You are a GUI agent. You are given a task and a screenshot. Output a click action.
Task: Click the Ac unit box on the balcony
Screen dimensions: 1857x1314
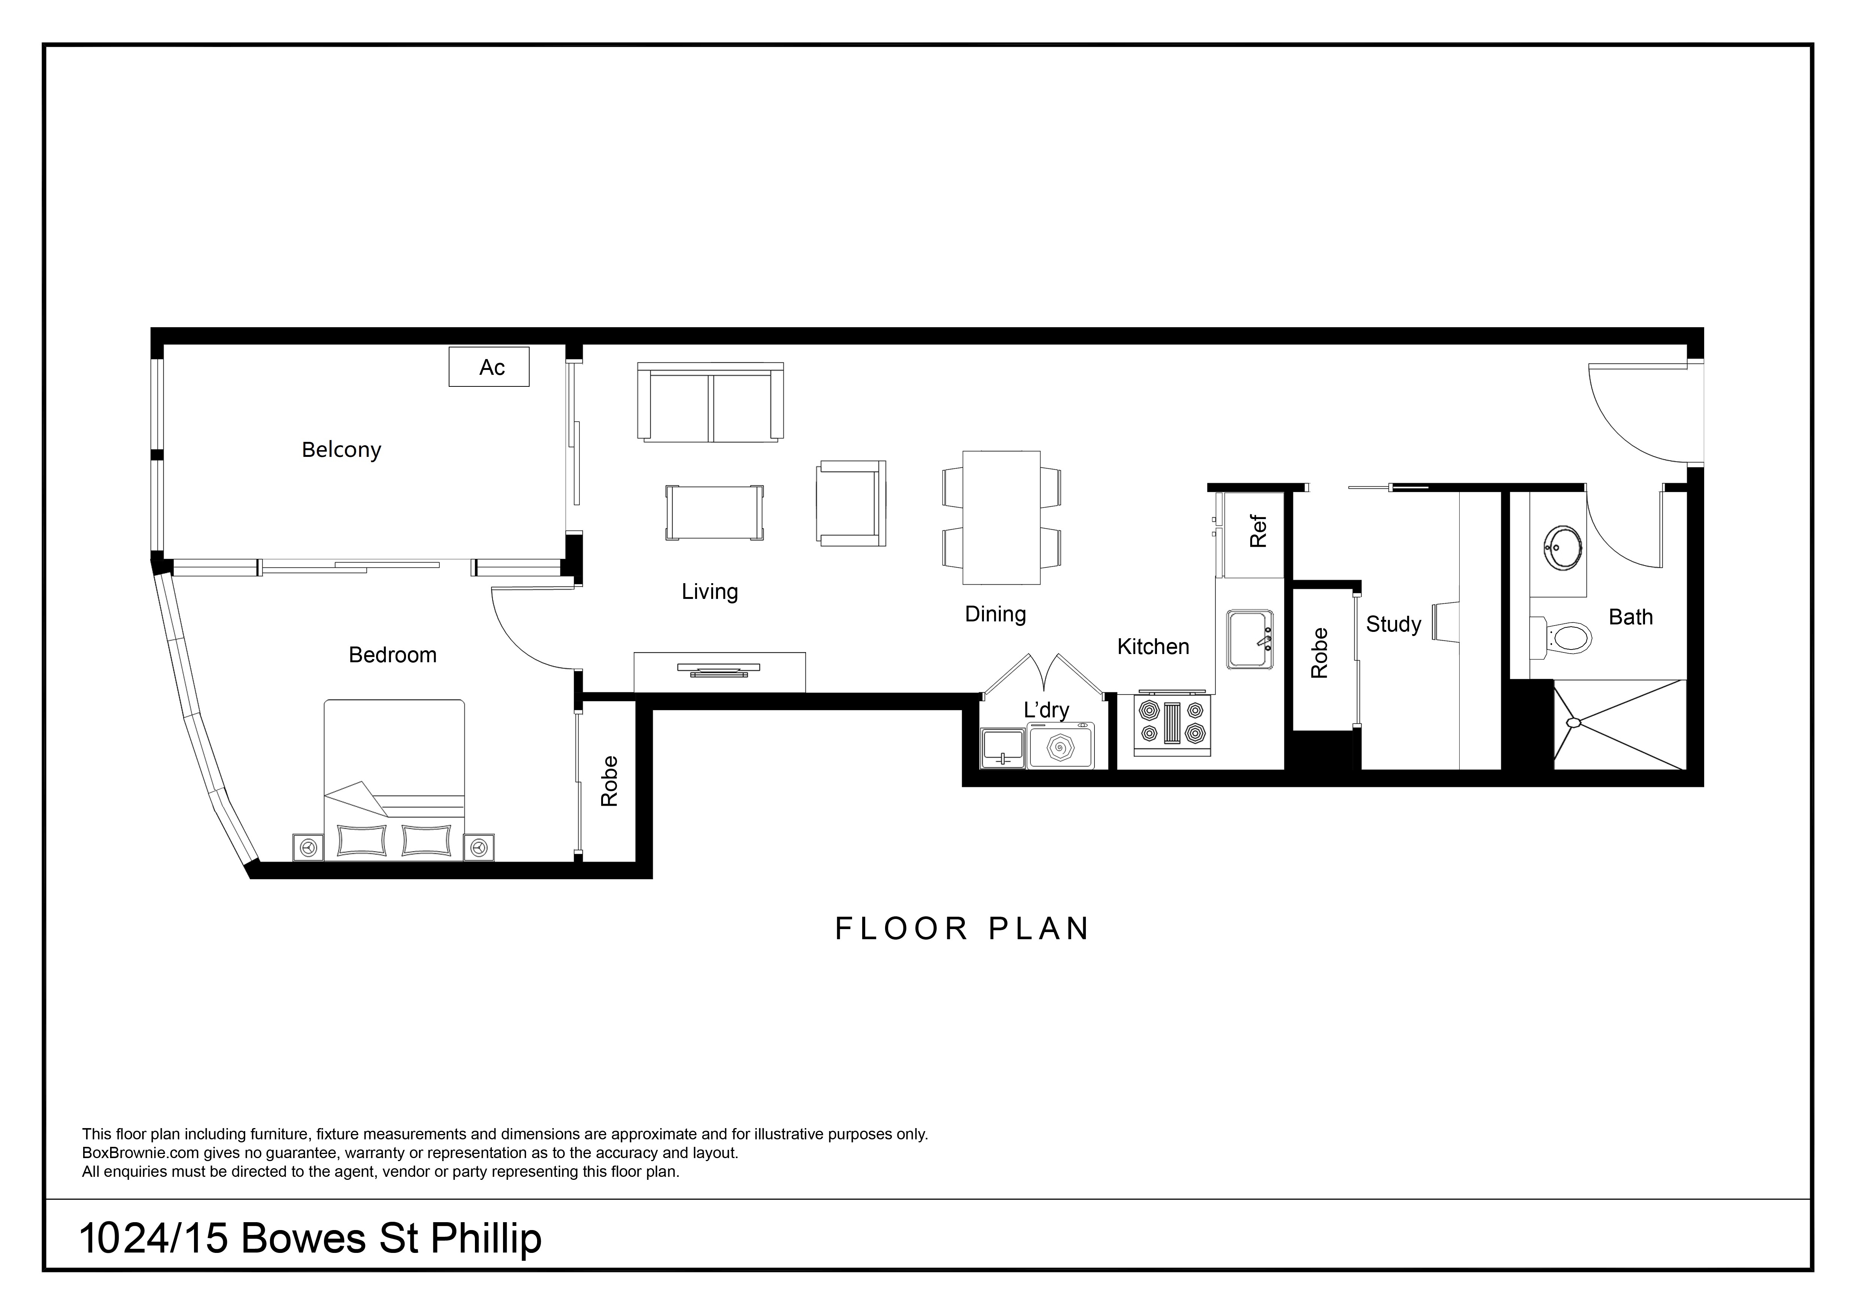pos(488,367)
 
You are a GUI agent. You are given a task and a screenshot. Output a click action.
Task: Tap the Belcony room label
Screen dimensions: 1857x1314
pos(341,450)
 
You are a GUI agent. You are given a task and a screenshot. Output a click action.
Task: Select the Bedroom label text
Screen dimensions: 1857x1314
pos(392,655)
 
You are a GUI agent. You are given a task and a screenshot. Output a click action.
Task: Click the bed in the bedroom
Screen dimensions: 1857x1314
pos(394,780)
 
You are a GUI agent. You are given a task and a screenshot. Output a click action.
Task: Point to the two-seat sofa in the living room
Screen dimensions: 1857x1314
pos(710,402)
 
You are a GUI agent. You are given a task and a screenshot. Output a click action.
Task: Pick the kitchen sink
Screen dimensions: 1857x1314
pos(1249,639)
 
